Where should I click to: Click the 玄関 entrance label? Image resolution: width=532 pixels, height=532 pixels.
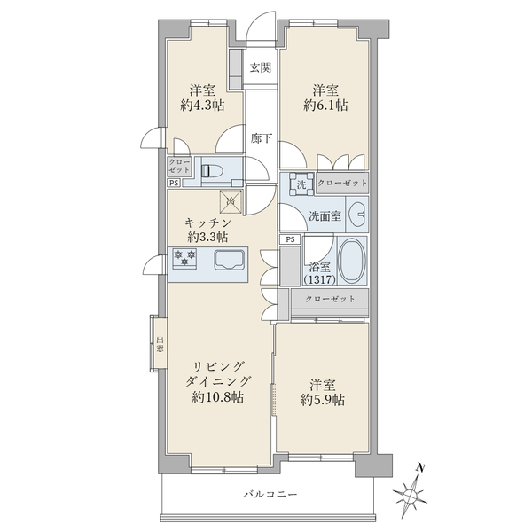point(261,68)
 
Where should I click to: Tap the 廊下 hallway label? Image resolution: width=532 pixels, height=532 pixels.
point(262,138)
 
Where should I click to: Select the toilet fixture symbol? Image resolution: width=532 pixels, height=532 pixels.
point(211,170)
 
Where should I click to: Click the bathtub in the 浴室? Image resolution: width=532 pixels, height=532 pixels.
point(352,261)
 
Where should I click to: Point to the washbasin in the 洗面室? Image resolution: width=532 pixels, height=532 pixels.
point(357,215)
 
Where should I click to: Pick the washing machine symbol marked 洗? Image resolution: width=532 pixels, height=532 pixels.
point(301,184)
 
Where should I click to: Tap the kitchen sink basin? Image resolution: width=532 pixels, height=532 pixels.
point(229,260)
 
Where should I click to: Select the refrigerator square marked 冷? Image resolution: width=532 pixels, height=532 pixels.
point(231,202)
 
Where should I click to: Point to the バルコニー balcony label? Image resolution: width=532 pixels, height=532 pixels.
point(270,495)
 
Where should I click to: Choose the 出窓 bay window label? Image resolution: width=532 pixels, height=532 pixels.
point(160,344)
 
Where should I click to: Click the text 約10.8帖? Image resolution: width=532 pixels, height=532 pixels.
point(217,397)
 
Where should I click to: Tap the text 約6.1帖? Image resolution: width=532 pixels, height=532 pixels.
point(325,106)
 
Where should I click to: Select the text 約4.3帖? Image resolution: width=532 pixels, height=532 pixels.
point(202,106)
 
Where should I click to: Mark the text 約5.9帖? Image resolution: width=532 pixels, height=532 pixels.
point(323,401)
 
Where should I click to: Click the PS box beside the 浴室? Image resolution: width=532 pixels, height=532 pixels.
point(290,239)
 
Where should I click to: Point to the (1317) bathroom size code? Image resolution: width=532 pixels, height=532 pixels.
point(320,280)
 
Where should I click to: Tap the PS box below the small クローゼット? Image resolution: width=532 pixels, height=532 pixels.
point(174,183)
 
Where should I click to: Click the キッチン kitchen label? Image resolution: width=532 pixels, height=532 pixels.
point(208,223)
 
